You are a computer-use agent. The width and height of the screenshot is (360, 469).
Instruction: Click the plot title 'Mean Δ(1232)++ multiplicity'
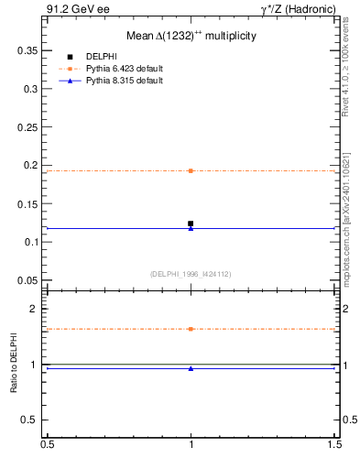191,36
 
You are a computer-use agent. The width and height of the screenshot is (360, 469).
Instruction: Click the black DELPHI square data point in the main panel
191,224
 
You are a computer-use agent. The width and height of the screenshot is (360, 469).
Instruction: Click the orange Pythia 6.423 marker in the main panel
191,170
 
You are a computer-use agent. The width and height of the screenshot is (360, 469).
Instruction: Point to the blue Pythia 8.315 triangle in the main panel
191,228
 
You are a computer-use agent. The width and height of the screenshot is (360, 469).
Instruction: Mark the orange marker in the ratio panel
191,329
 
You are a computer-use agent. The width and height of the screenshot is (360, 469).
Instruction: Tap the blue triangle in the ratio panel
191,368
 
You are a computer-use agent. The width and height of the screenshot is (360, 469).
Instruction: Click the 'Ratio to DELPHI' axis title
15,364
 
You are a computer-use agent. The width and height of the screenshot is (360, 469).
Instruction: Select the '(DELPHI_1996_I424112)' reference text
191,273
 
